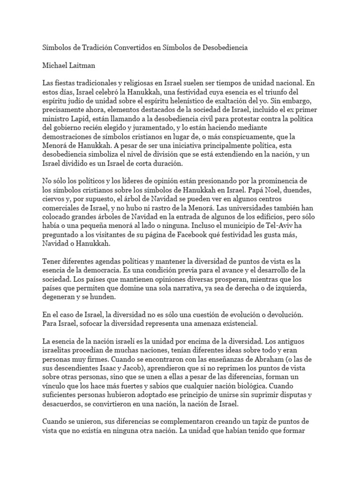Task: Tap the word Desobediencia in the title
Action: click(224, 48)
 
